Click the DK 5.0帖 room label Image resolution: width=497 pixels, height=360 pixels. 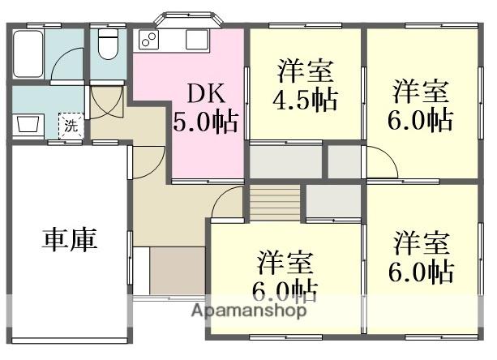click(205, 108)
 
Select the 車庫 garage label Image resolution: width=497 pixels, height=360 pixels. click(70, 239)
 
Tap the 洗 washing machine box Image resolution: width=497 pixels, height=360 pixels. click(71, 126)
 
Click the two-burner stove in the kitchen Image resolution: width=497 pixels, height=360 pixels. click(149, 39)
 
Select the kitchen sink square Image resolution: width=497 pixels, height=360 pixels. click(198, 38)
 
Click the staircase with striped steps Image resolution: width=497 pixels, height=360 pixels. click(275, 200)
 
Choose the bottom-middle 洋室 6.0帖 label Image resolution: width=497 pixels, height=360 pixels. click(288, 276)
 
